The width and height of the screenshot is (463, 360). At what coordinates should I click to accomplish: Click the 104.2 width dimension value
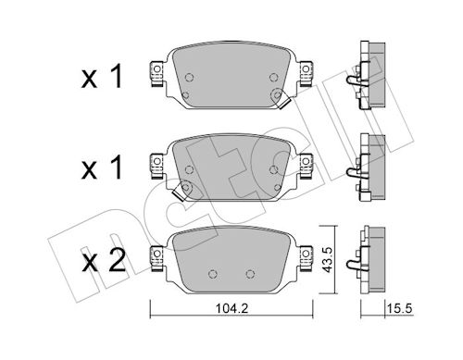pyautogui.click(x=231, y=308)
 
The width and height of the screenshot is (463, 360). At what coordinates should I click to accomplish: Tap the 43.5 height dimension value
pyautogui.click(x=327, y=260)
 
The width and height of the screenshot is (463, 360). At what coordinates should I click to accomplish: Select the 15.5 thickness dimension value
pyautogui.click(x=400, y=308)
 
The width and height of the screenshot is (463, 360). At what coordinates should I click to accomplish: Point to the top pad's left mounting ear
pyautogui.click(x=156, y=74)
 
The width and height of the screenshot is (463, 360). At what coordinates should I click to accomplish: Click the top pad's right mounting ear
pyautogui.click(x=307, y=74)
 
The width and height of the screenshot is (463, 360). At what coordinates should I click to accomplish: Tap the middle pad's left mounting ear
pyautogui.click(x=156, y=167)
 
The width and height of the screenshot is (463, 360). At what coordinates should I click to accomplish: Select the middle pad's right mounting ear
pyautogui.click(x=307, y=167)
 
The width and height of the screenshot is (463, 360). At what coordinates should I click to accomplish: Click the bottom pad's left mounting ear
pyautogui.click(x=156, y=258)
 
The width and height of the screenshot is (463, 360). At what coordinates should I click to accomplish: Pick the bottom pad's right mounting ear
pyautogui.click(x=307, y=258)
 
